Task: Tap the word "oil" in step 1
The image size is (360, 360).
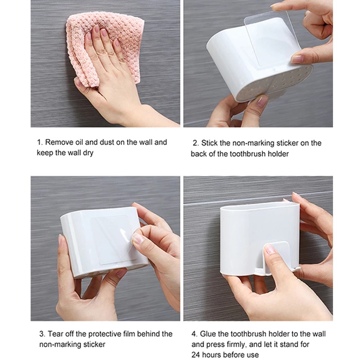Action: (x=79, y=142)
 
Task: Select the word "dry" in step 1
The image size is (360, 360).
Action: (x=88, y=153)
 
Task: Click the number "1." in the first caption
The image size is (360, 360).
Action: (x=40, y=142)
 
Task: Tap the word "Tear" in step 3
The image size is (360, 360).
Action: (x=55, y=334)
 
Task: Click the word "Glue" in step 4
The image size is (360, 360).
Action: (x=207, y=334)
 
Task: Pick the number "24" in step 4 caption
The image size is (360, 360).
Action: (x=196, y=355)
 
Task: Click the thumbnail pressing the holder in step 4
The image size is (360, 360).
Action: (x=270, y=249)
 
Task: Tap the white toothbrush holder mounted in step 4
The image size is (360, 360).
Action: (x=260, y=238)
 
